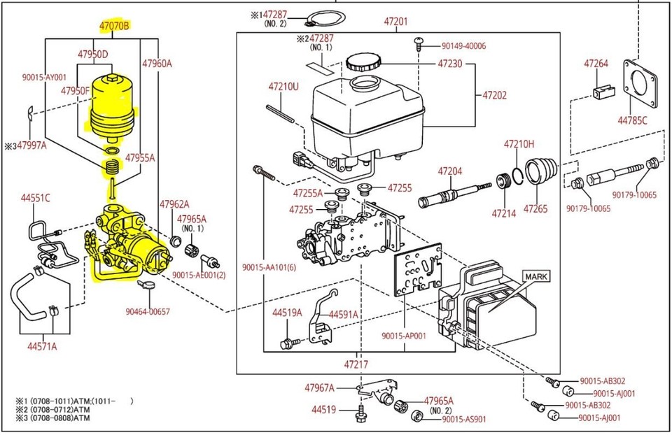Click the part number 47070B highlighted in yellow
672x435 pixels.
point(114,26)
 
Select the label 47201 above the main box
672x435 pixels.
point(395,22)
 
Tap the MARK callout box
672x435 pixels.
point(535,277)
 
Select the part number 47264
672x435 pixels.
point(596,64)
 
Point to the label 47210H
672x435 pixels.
point(519,144)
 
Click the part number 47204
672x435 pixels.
point(450,171)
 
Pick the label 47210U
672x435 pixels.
point(283,87)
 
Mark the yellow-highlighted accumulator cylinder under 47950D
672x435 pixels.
point(112,108)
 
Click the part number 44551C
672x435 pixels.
point(35,198)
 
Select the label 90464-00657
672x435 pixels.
point(148,311)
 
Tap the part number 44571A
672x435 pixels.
point(42,346)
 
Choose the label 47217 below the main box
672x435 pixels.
point(356,364)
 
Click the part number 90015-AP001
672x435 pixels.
point(405,336)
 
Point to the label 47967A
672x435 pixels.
point(319,387)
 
